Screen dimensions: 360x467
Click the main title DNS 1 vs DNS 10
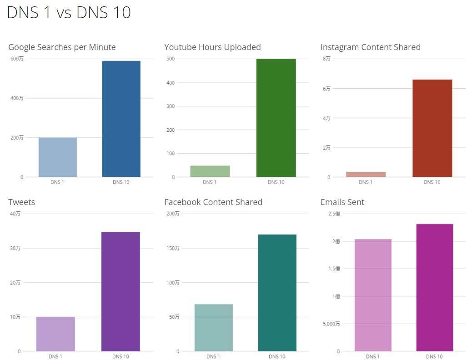[x=69, y=13]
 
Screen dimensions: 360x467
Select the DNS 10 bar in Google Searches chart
[x=121, y=119]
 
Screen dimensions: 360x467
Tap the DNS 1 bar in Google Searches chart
[x=58, y=157]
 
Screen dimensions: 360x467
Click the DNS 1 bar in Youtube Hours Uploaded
[x=210, y=171]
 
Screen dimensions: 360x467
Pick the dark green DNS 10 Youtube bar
[x=276, y=118]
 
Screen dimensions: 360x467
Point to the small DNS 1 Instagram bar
[x=366, y=175]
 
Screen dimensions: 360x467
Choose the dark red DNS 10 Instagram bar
[x=432, y=128]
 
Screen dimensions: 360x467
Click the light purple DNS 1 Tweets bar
[x=55, y=334]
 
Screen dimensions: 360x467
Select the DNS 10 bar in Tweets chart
[x=121, y=291]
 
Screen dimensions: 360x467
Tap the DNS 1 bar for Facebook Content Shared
[x=214, y=328]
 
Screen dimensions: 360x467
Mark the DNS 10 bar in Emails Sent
[x=434, y=288]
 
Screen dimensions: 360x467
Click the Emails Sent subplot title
[x=342, y=202]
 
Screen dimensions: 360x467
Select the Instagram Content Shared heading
[x=370, y=47]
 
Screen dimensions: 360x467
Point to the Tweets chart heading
[x=21, y=202]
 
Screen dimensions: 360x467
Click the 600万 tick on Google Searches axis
[x=17, y=59]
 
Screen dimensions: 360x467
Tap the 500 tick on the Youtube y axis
[x=171, y=59]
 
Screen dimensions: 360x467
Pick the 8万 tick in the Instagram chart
[x=326, y=59]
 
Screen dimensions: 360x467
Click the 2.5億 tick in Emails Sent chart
[x=334, y=214]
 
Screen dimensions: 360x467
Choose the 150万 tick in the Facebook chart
[x=173, y=248]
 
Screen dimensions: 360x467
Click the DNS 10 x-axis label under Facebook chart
[x=276, y=357]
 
